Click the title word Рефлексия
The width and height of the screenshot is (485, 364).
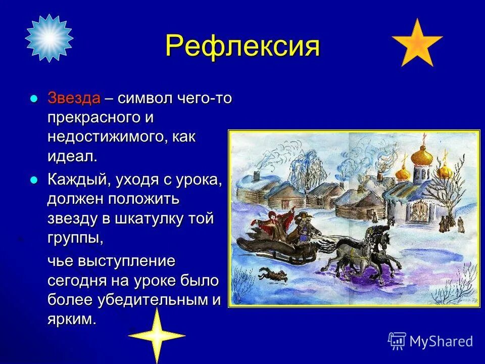tap(242, 47)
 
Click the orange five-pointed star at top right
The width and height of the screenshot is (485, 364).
tap(417, 44)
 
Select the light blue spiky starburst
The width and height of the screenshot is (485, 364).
tap(49, 38)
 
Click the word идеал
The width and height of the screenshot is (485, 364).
tap(72, 156)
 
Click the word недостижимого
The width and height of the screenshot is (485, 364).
tap(105, 137)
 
